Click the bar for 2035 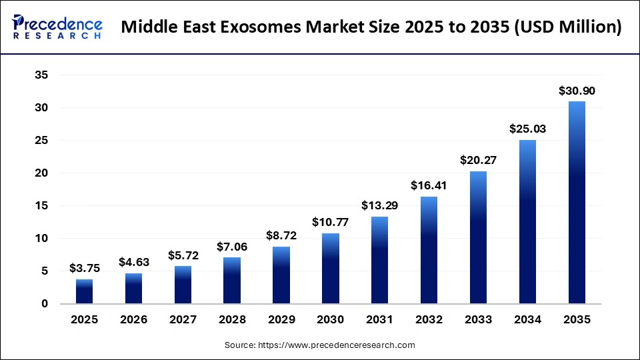(x=577, y=203)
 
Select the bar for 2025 (x=85, y=291)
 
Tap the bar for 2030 (x=331, y=269)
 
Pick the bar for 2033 (x=478, y=237)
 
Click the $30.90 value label (x=577, y=91)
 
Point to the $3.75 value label (x=85, y=268)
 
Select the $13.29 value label (x=380, y=205)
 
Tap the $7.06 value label (x=232, y=247)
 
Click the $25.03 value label (x=527, y=129)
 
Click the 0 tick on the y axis (x=45, y=304)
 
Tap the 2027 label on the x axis (x=183, y=320)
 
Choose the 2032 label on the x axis (x=429, y=320)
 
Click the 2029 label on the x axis (x=281, y=320)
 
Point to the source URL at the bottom (x=320, y=345)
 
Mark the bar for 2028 (x=232, y=281)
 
